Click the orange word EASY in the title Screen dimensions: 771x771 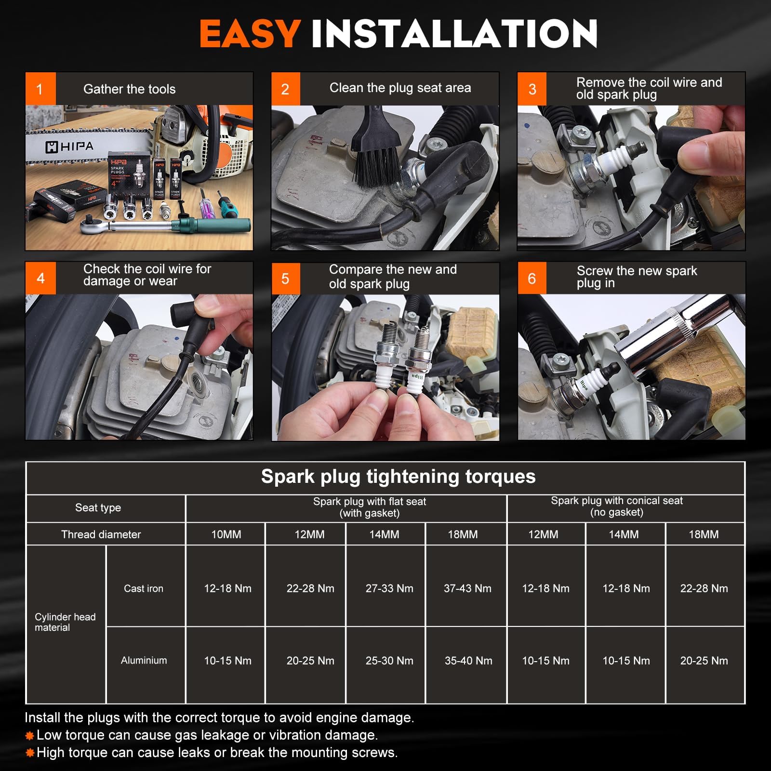pos(251,34)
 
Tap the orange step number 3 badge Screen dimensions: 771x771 pos(532,89)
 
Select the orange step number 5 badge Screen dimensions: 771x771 pos(285,279)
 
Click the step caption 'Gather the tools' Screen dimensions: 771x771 pos(129,89)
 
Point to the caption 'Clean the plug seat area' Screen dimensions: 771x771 pos(400,88)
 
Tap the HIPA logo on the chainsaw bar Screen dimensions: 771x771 pos(69,146)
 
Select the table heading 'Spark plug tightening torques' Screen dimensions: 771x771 pos(398,477)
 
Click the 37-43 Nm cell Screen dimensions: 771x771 pos(467,588)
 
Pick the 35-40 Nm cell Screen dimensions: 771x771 pos(468,661)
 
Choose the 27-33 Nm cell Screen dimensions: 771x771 pos(389,588)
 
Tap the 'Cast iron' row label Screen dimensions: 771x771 pos(144,588)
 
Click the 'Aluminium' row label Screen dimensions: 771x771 pos(144,660)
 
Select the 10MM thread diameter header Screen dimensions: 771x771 pos(226,534)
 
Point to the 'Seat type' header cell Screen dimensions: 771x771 pos(98,507)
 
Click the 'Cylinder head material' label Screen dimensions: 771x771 pos(65,622)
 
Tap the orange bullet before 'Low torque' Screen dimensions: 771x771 pos(29,735)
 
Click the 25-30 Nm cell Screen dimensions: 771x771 pos(389,661)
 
